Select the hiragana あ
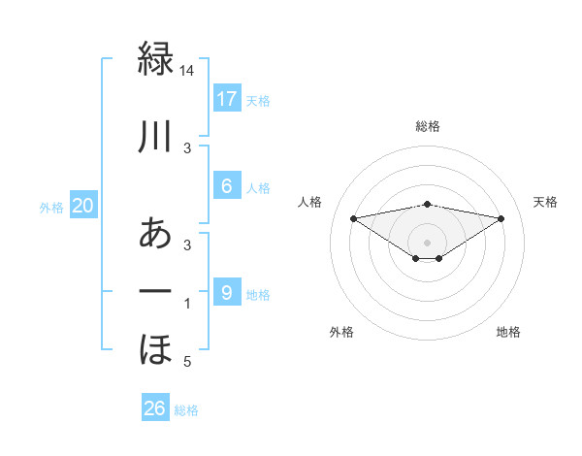point(155,234)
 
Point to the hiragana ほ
point(155,348)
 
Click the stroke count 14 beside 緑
point(188,71)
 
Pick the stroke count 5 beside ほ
point(188,362)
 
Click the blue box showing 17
point(226,98)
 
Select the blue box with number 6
point(226,186)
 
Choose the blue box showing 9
point(226,292)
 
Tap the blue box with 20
point(82,205)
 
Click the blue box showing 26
point(154,408)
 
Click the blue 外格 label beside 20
point(51,207)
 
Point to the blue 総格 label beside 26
point(186,410)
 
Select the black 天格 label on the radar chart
point(545,202)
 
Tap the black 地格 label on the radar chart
point(508,332)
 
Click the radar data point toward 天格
point(501,218)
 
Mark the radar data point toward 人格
point(353,217)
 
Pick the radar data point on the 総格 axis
point(427,204)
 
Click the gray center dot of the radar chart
point(427,242)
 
